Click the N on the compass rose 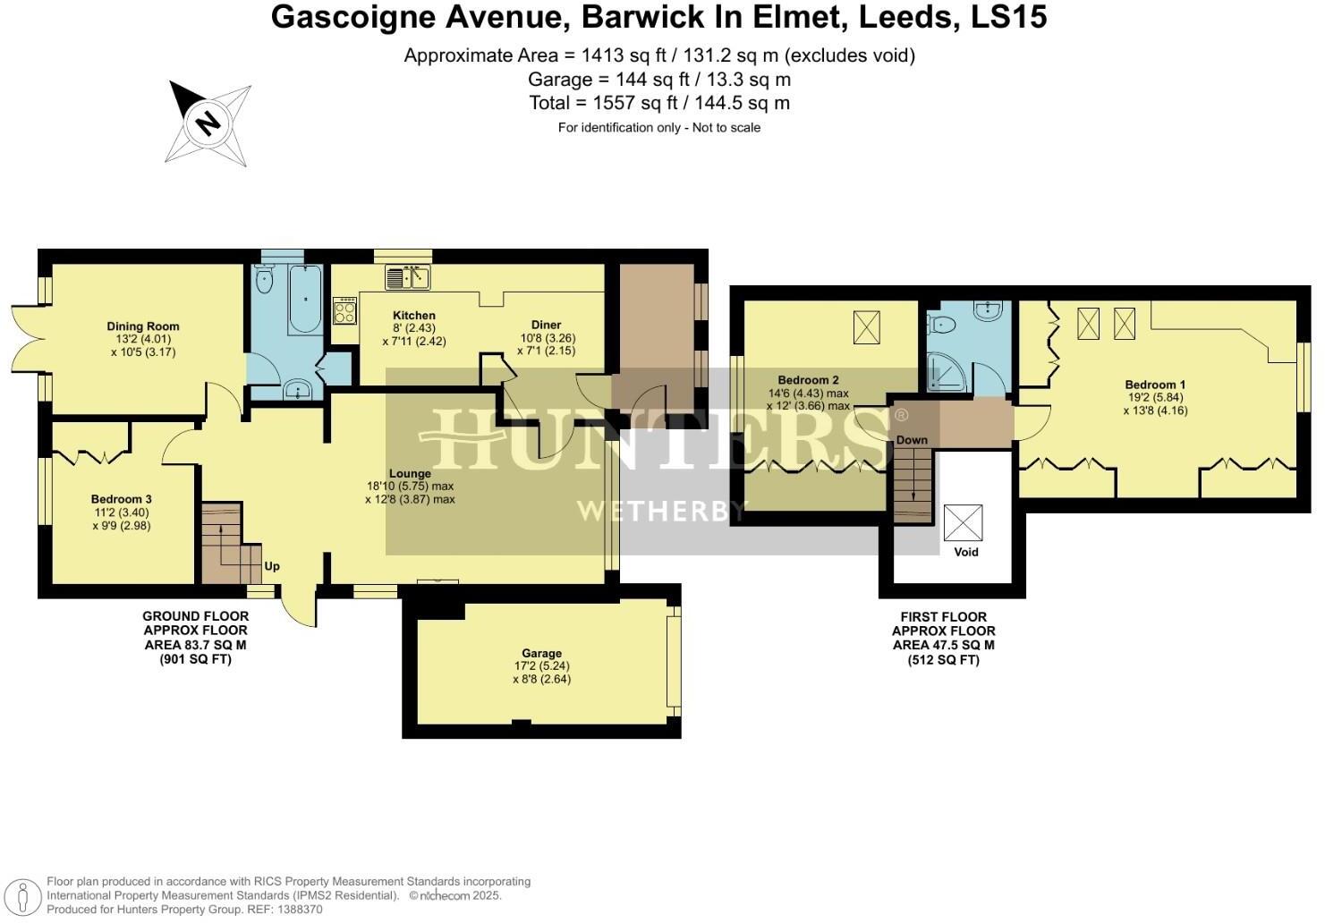pos(208,124)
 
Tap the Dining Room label pos(142,326)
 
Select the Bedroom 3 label pos(122,499)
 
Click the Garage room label pos(541,653)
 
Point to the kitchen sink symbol pos(408,276)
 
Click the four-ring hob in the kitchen pos(344,311)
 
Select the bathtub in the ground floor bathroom pos(305,300)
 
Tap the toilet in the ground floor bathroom pos(263,280)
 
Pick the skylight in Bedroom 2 pos(867,327)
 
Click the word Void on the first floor pos(966,552)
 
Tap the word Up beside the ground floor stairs pos(271,566)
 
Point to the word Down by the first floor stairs pos(912,440)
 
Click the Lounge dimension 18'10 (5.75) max pos(410,486)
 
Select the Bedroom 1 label pos(1155,385)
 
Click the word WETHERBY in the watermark pos(661,511)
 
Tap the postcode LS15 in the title pos(1009,17)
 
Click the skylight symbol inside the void pos(963,522)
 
